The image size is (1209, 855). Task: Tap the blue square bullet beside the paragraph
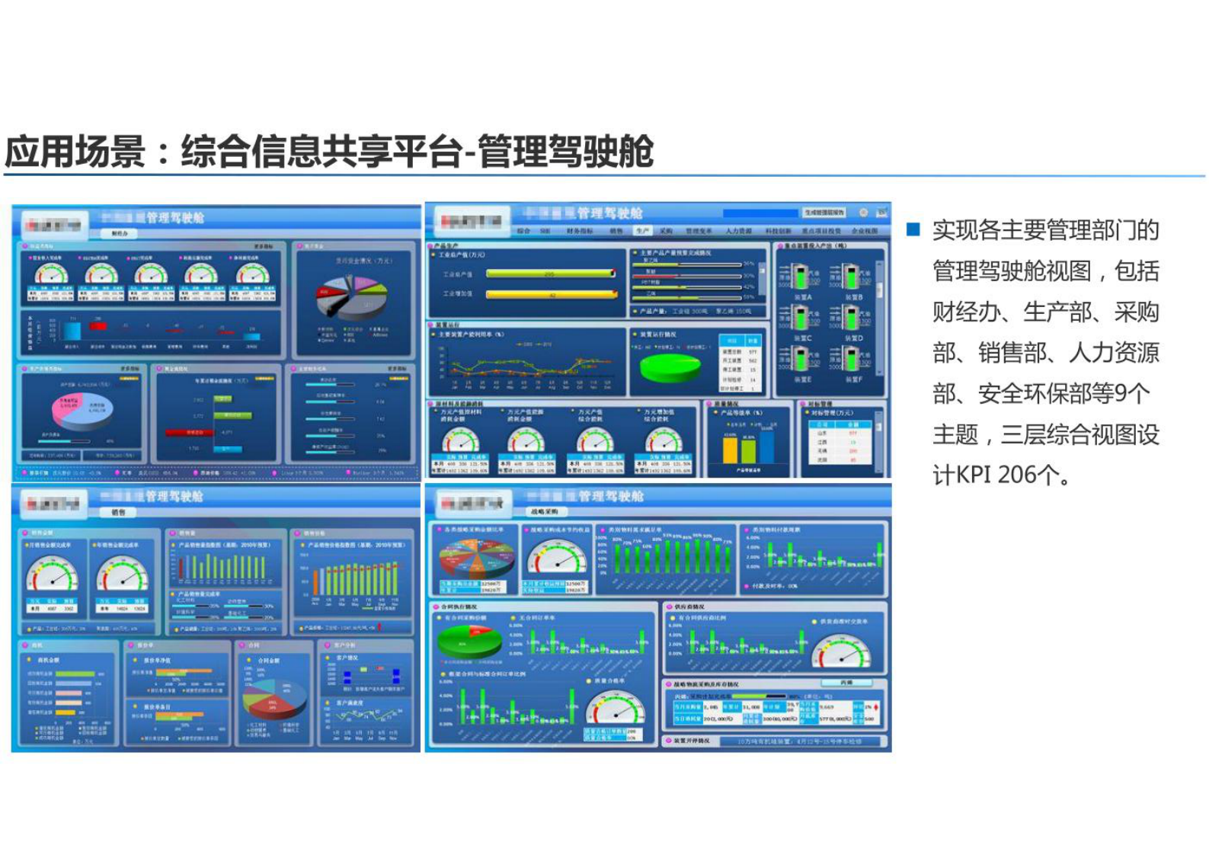913,229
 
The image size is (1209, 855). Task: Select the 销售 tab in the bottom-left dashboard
119,513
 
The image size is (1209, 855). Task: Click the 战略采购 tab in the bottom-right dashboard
544,512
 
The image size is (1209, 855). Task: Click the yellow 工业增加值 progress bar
550,294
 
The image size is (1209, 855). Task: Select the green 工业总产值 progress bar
550,273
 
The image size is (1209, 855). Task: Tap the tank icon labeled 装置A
800,277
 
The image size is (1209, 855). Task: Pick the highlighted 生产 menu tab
642,230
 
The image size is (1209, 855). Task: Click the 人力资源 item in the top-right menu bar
738,230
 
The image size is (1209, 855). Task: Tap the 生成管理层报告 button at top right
824,213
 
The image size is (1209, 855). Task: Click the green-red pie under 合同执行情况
469,642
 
